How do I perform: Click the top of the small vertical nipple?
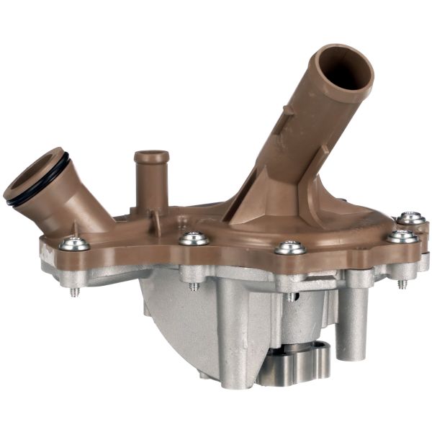click(x=151, y=156)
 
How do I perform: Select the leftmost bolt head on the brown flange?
click(x=74, y=243)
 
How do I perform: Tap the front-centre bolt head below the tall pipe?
click(x=290, y=247)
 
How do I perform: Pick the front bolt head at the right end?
click(x=401, y=235)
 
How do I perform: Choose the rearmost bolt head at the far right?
click(x=410, y=217)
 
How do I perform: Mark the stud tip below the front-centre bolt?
click(x=289, y=296)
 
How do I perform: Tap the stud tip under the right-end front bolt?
click(x=402, y=284)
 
